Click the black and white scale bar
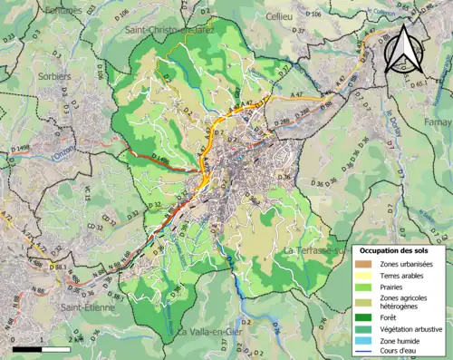[x=42, y=348]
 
